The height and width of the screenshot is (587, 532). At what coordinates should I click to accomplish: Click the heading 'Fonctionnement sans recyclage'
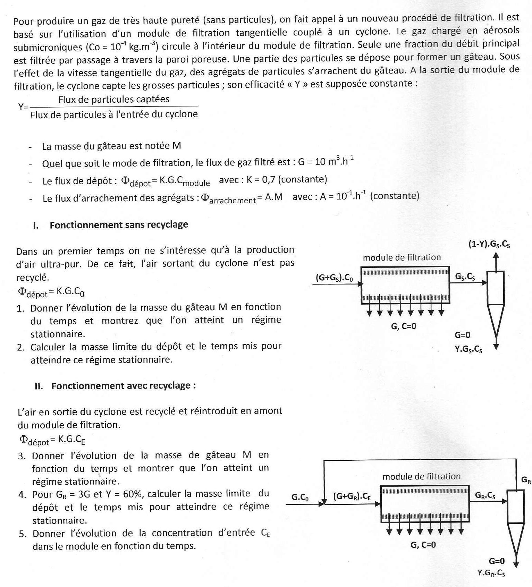(119, 225)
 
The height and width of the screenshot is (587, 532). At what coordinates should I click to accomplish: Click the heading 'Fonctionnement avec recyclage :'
(124, 386)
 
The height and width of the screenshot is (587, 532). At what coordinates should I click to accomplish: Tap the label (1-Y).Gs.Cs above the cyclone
(489, 244)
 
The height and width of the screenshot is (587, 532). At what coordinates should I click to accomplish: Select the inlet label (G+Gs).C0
(334, 278)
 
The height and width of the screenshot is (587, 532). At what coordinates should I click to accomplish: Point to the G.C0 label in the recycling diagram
(300, 497)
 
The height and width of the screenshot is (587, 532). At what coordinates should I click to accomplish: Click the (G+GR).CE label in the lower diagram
(352, 496)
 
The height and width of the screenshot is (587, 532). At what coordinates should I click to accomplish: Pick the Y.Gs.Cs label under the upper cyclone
(468, 349)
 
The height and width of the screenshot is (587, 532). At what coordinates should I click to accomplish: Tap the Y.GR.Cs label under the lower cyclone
(491, 573)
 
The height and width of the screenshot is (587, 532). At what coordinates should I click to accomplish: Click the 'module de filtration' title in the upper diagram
(402, 257)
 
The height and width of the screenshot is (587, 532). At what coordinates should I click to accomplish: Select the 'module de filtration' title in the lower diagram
(421, 476)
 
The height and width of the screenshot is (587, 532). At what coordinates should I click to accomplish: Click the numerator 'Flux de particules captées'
(114, 100)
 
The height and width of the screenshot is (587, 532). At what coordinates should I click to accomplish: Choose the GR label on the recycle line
(526, 480)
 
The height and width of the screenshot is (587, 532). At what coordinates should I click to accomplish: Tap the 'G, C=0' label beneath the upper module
(404, 326)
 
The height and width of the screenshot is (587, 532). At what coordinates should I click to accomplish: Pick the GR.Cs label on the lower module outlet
(485, 496)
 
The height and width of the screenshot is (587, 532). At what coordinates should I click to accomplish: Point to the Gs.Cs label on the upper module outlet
(465, 277)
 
